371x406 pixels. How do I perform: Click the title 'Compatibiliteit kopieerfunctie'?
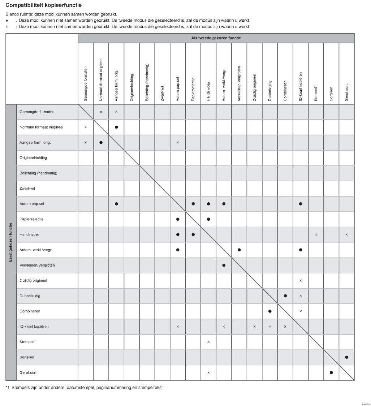click(x=43, y=5)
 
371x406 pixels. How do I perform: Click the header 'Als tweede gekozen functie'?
click(x=216, y=38)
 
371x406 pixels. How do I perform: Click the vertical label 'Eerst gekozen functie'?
click(x=11, y=242)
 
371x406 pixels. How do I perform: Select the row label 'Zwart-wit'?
click(x=27, y=189)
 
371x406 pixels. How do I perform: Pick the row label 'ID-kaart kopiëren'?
click(x=34, y=327)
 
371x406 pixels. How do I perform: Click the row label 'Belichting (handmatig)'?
click(x=38, y=173)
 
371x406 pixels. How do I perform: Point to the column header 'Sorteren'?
click(x=331, y=92)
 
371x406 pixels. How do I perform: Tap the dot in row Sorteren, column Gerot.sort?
click(x=347, y=357)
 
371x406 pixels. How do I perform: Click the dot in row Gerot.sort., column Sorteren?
click(x=331, y=372)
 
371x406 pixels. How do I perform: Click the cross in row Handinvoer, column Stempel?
click(x=316, y=235)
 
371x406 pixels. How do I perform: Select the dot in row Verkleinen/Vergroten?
click(x=224, y=265)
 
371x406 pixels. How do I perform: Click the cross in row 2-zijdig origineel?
click(x=301, y=281)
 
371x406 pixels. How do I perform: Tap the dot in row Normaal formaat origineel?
click(x=116, y=127)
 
